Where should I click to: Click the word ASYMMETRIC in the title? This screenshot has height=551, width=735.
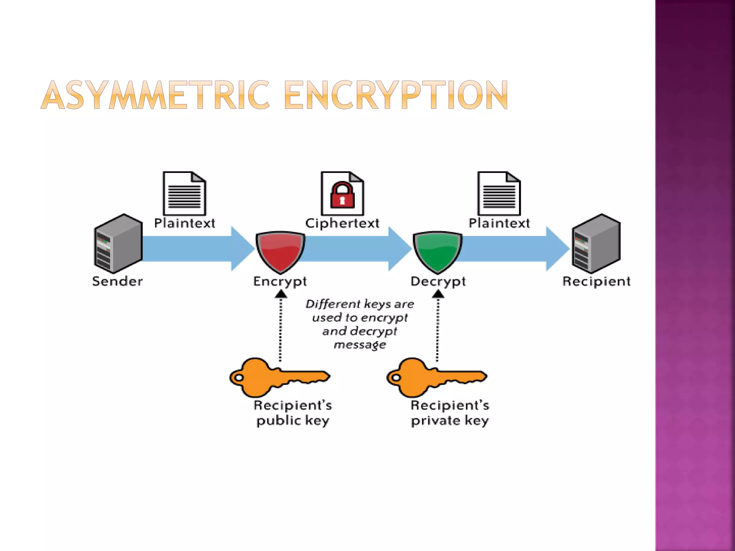point(155,95)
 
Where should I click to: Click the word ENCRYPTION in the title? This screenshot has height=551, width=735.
point(396,95)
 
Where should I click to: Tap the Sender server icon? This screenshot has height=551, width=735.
point(118,244)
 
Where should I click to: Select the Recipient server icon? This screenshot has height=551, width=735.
point(596,244)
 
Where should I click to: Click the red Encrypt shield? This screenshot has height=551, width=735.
point(280,251)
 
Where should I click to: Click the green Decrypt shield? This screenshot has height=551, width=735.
point(437,251)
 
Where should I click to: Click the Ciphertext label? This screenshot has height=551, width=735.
point(342,223)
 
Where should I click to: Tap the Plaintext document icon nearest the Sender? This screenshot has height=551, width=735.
point(184,194)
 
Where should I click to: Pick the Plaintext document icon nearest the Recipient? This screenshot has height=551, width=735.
point(499,194)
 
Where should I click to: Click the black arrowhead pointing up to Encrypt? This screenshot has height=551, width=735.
point(281,294)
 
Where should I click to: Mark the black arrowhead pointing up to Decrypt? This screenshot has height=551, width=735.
point(438,294)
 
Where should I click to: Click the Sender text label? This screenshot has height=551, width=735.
point(117,281)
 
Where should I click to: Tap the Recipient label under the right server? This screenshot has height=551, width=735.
point(596,281)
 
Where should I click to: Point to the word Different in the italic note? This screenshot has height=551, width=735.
point(333,304)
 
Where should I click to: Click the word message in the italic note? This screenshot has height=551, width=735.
point(360,345)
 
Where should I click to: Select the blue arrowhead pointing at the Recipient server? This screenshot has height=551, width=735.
point(557,248)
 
